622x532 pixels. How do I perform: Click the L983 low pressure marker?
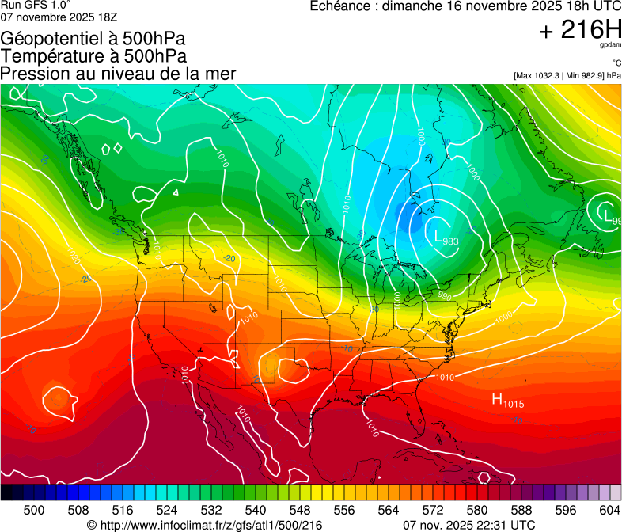coord(446,237)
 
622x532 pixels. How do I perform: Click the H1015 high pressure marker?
coord(508,401)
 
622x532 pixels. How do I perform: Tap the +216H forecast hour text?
coord(580,30)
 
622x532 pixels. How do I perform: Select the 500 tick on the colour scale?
coord(34,511)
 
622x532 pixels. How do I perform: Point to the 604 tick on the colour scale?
coord(610,511)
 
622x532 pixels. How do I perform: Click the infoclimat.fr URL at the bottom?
coord(210,525)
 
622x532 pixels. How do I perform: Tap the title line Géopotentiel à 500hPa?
coord(93,39)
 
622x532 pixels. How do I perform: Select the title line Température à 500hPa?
coord(93,56)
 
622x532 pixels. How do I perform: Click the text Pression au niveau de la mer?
coord(118,74)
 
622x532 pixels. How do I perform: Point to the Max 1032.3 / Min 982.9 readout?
coord(567,75)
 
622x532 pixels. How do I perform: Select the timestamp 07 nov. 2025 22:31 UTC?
coord(468,525)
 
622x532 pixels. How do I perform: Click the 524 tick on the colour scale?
coord(167,511)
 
